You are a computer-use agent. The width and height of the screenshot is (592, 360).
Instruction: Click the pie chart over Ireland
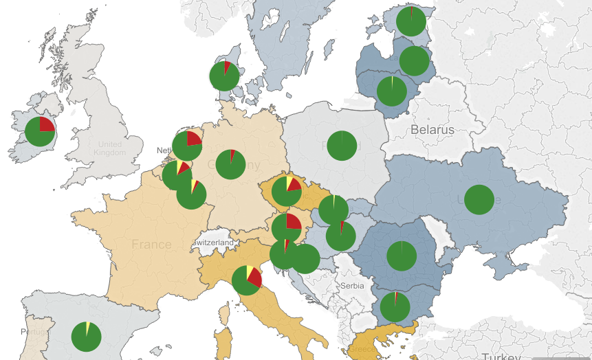click(40, 131)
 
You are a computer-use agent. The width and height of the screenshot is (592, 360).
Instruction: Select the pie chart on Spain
click(87, 336)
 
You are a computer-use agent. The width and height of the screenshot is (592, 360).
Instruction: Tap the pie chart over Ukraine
click(479, 200)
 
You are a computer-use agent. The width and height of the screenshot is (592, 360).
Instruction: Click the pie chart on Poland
click(342, 145)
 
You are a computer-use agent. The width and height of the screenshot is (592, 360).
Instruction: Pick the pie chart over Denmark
click(225, 76)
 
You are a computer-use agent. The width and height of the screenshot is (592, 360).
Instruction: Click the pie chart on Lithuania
click(392, 91)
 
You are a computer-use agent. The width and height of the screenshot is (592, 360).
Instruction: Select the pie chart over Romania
click(402, 256)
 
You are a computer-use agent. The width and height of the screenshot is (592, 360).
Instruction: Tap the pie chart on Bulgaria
click(395, 307)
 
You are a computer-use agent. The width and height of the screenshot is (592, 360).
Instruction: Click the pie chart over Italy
click(247, 280)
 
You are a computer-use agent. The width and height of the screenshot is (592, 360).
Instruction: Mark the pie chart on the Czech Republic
click(287, 192)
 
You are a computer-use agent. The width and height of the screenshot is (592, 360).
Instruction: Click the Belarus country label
click(432, 130)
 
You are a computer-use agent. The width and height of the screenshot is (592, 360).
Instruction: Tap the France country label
click(151, 245)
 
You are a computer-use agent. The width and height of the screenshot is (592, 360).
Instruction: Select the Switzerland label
click(213, 243)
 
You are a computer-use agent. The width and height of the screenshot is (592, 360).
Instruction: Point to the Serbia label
click(352, 285)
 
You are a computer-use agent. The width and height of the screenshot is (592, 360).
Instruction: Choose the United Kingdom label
click(110, 148)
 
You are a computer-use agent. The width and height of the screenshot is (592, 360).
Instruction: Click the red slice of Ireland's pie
click(46, 125)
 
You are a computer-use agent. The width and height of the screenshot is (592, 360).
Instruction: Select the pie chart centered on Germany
click(230, 164)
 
